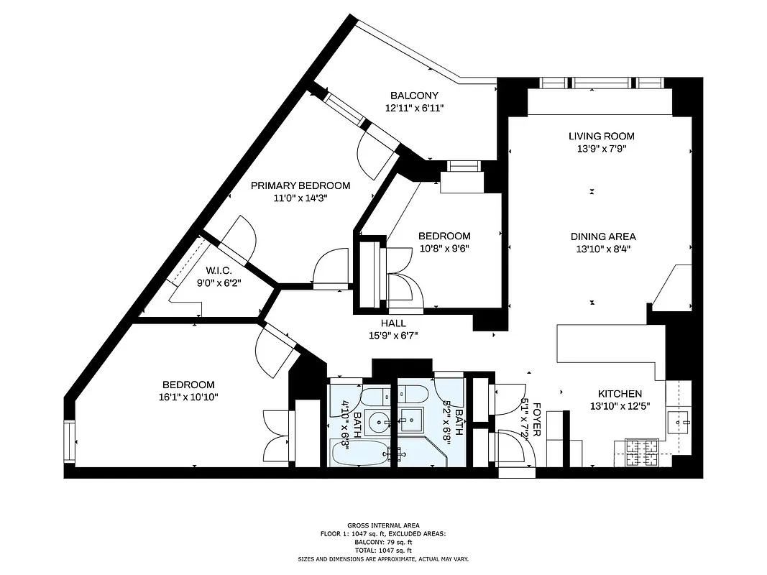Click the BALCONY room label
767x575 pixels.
click(414, 96)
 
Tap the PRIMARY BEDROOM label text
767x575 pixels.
click(300, 185)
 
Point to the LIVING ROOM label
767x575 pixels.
click(602, 136)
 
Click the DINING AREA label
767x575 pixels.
click(603, 236)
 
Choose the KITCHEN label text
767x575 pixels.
click(620, 394)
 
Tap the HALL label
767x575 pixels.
click(392, 323)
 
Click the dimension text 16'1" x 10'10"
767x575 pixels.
click(188, 397)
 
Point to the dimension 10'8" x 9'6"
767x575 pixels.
click(444, 249)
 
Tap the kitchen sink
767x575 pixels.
click(679, 420)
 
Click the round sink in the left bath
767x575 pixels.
click(376, 423)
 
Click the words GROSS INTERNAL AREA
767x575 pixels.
click(383, 525)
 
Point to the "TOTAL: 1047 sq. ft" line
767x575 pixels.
click(383, 550)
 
